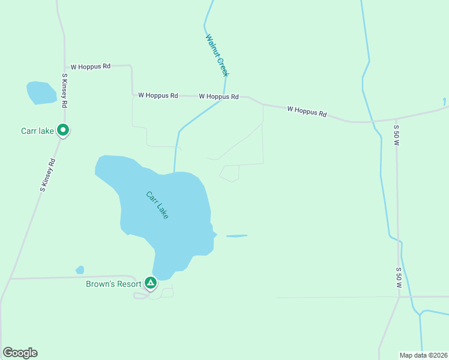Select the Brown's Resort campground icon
(150, 282)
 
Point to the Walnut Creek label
(217, 55)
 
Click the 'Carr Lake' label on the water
(157, 205)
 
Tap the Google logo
(20, 353)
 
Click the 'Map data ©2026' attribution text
(423, 355)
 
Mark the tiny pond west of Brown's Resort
(80, 270)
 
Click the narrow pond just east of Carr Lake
(237, 236)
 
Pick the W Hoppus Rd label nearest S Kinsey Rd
(91, 67)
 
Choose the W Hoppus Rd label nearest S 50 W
(307, 111)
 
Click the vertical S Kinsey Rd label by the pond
(65, 91)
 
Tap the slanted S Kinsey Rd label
(47, 175)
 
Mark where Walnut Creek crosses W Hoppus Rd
(224, 97)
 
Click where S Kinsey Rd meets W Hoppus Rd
(65, 67)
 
